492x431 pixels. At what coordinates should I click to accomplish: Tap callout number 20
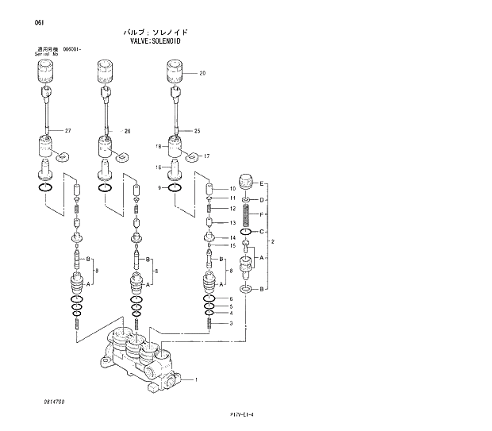(x=202, y=73)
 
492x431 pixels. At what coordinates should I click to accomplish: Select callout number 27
(x=68, y=130)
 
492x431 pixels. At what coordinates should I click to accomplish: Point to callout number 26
(x=126, y=130)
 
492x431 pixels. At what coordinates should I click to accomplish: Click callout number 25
(x=197, y=130)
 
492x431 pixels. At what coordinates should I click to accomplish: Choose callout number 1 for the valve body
(x=196, y=379)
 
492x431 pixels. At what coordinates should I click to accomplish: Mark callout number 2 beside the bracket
(x=273, y=241)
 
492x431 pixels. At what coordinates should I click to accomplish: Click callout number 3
(x=230, y=323)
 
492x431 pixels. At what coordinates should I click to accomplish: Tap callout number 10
(x=233, y=188)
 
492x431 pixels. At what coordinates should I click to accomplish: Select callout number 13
(x=233, y=223)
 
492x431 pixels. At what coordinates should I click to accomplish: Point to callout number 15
(x=233, y=246)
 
